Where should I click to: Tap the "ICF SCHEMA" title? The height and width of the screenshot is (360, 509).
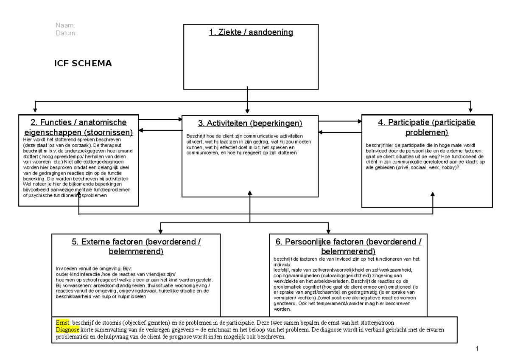83,64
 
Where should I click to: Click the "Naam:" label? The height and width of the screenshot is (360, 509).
65,26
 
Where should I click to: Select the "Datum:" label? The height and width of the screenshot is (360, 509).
66,33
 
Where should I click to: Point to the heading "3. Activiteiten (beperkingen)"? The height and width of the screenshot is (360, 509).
250,124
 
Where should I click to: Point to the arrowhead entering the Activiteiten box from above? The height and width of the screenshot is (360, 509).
247,112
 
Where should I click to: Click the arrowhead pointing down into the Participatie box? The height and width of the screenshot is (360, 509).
470,112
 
